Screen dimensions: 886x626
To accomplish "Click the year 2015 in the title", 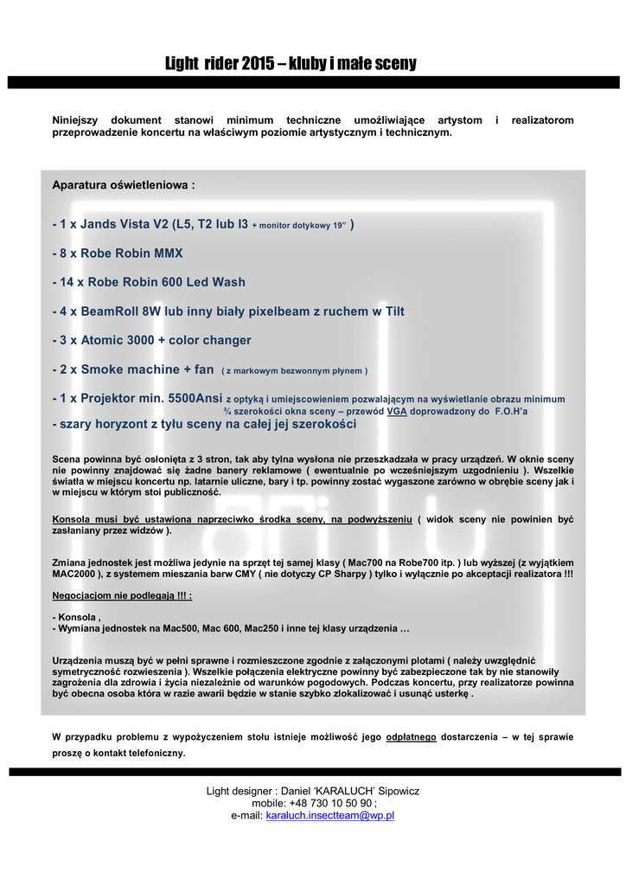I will coord(259,63).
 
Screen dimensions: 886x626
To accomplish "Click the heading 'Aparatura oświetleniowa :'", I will coord(124,185).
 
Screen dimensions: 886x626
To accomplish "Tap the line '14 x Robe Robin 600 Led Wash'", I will coord(149,282).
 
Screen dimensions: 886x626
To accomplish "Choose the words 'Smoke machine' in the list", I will coord(130,369).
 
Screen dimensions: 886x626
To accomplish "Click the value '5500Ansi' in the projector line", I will coord(195,399).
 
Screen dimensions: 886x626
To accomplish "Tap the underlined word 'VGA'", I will coord(397,412).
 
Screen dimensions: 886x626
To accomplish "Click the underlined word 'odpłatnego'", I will coord(411,737).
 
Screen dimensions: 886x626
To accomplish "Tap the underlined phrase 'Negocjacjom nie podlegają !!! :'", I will coord(122,596).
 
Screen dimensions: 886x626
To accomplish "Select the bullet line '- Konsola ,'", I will coord(77,617).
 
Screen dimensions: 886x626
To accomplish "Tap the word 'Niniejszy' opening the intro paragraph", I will coord(81,119).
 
